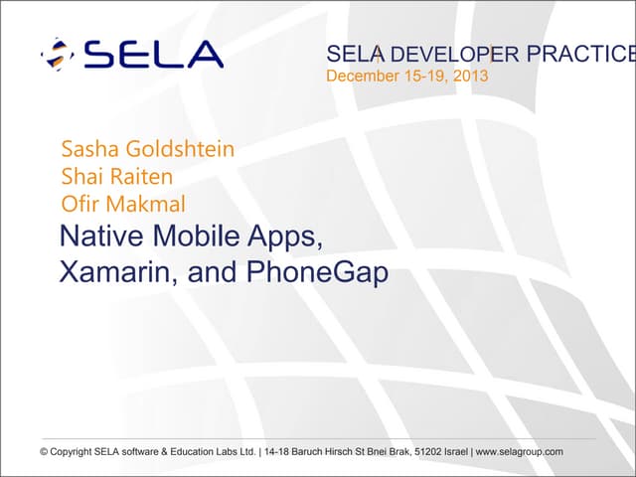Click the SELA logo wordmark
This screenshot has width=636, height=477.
pos(153,55)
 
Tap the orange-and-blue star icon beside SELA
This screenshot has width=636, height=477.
pos(57,55)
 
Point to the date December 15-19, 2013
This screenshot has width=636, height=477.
pos(407,76)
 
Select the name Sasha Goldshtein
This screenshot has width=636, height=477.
pos(148,150)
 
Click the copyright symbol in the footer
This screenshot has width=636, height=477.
pos(44,452)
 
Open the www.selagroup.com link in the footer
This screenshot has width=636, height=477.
pos(521,452)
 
